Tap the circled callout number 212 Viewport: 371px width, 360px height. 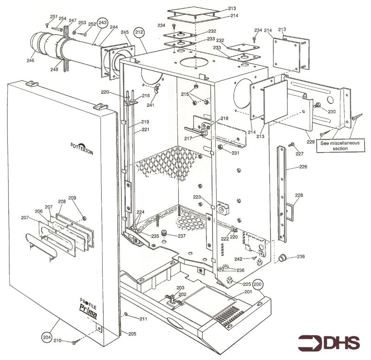point(139,32)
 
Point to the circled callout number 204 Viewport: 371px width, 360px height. point(46,336)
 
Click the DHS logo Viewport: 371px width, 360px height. point(330,342)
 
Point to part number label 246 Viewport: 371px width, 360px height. point(31,60)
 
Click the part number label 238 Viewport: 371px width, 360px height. point(301,257)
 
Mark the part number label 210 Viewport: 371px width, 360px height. point(57,341)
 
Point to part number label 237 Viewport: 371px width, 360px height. point(181,236)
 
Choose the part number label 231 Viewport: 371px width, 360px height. point(236,153)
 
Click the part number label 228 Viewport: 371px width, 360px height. point(299,195)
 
